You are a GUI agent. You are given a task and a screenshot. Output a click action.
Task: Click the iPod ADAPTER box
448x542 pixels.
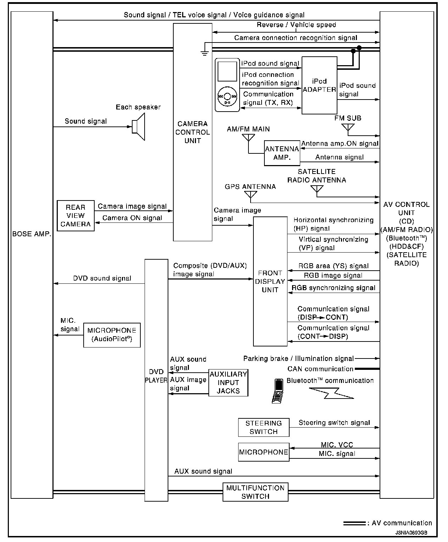[x=319, y=85]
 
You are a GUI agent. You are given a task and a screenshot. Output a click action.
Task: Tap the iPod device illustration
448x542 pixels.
[x=227, y=85]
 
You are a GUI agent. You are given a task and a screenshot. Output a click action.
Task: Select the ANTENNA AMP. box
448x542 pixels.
[x=282, y=153]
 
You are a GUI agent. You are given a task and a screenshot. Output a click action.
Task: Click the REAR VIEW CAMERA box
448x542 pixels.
[x=75, y=216]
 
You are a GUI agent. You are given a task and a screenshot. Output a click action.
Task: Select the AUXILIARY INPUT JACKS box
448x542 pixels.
[x=228, y=383]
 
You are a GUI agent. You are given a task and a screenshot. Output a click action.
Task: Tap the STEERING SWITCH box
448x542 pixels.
[x=263, y=427]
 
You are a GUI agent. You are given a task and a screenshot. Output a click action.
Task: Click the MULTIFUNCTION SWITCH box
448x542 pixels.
[x=255, y=492]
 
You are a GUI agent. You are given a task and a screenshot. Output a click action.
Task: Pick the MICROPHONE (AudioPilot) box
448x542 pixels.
[x=112, y=335]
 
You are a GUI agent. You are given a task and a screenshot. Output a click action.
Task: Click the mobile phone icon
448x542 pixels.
[x=278, y=391]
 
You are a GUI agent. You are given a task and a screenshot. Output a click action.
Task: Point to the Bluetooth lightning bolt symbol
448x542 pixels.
[x=331, y=393]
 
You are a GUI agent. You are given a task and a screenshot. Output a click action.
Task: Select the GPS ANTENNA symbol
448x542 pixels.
[x=251, y=195]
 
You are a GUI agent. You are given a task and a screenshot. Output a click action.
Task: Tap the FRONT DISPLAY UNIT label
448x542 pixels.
[x=270, y=281]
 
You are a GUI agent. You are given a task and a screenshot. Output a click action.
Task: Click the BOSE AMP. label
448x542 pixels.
[x=32, y=234]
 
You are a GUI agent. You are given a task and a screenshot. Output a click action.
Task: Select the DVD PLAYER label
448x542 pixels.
[x=156, y=376]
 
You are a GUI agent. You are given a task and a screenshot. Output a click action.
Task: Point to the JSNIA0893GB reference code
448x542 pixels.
[x=411, y=532]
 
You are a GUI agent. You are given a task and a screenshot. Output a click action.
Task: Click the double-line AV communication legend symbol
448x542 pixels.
[x=354, y=523]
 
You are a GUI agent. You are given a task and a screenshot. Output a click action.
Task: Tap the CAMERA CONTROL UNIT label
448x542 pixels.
[x=192, y=132]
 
